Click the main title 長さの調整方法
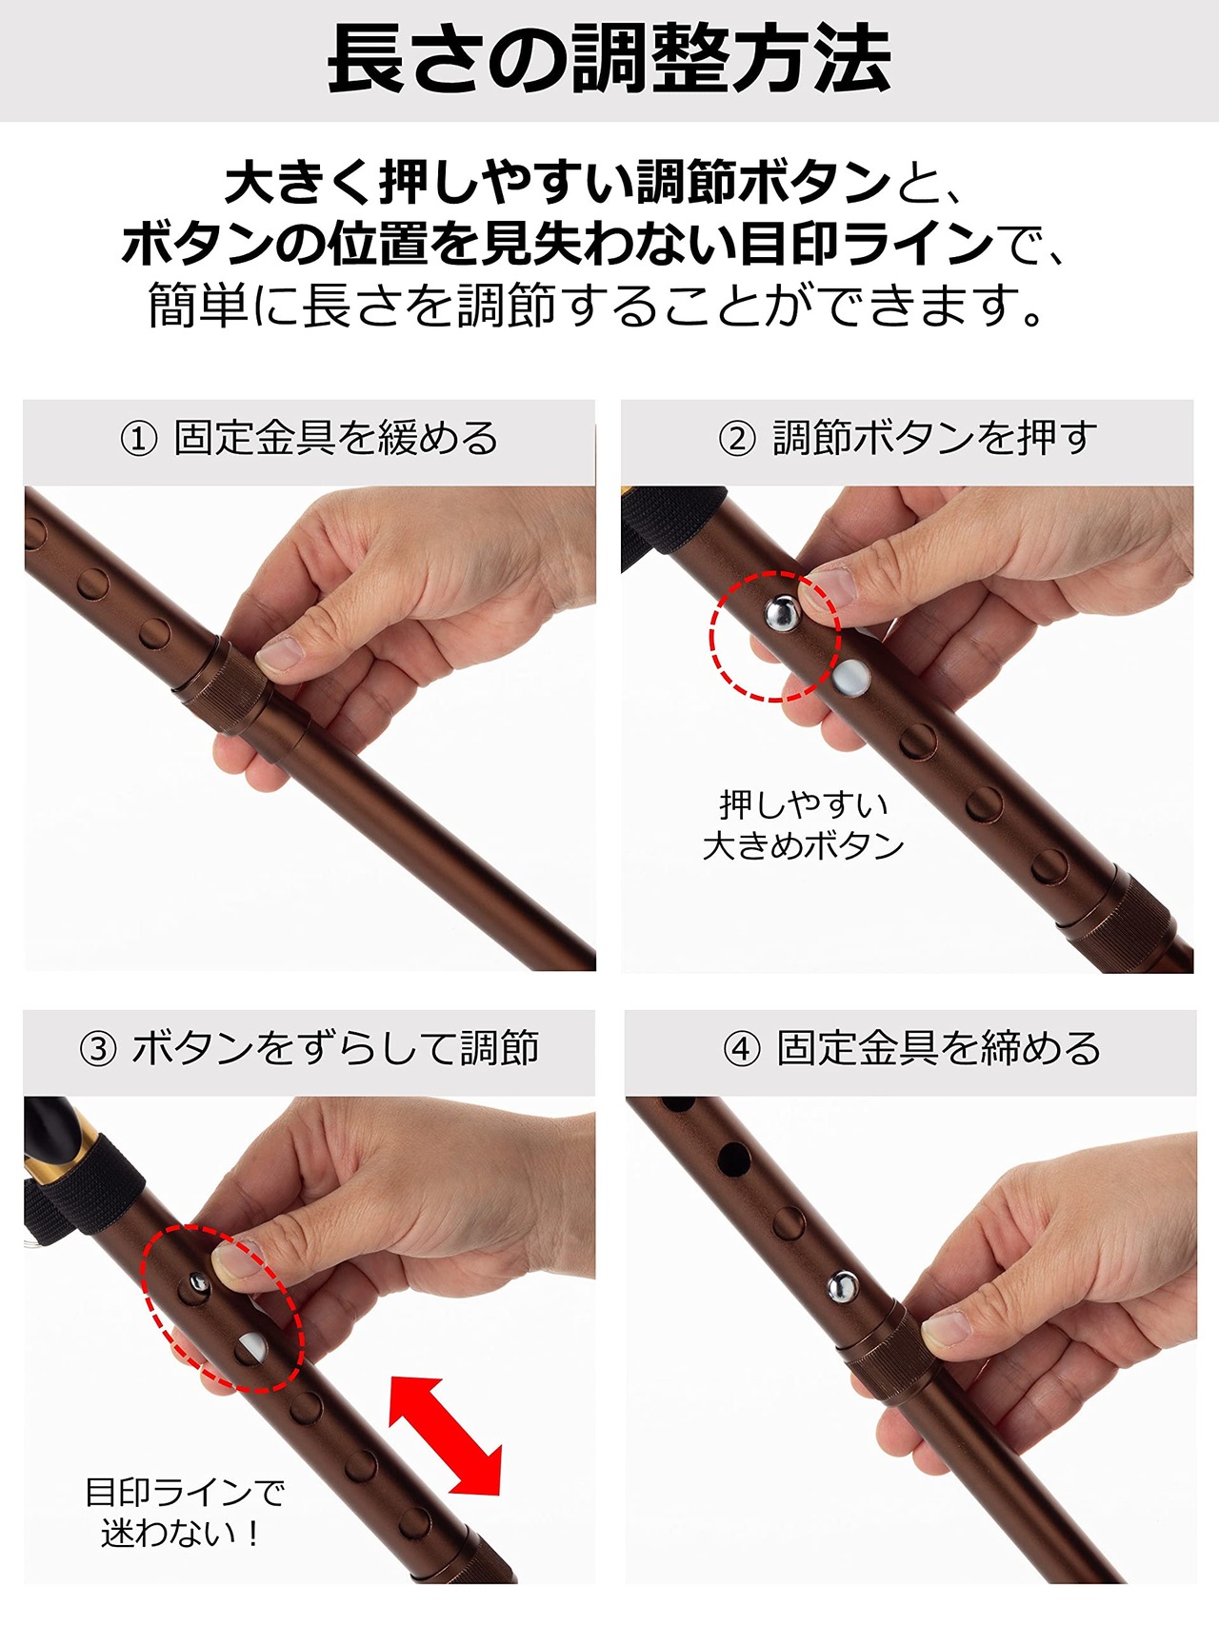[609, 60]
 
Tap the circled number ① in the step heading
[139, 439]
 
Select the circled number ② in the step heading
[737, 439]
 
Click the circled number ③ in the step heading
[98, 1049]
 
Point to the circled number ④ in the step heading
[742, 1049]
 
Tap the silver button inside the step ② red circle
[783, 614]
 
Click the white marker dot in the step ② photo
[850, 678]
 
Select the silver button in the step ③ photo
[198, 1284]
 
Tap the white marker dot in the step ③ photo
[251, 1347]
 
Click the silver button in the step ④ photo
[842, 1287]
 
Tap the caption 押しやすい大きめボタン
[803, 824]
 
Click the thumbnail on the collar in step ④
[946, 1326]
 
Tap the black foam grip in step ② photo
[657, 529]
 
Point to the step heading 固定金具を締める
[939, 1049]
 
